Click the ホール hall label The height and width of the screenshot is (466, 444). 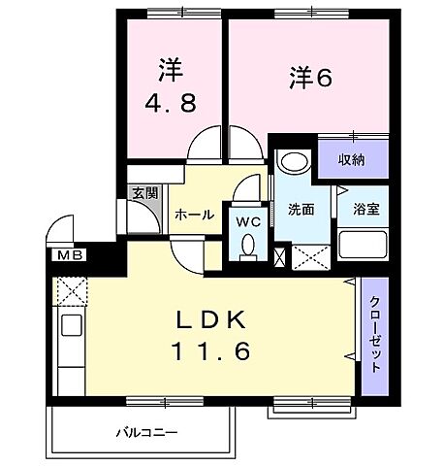pos(194,215)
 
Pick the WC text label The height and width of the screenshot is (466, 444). pos(249,219)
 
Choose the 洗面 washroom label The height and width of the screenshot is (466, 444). pos(301,209)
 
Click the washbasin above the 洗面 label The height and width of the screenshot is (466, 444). pos(291,160)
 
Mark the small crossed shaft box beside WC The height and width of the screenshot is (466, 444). pos(281,257)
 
